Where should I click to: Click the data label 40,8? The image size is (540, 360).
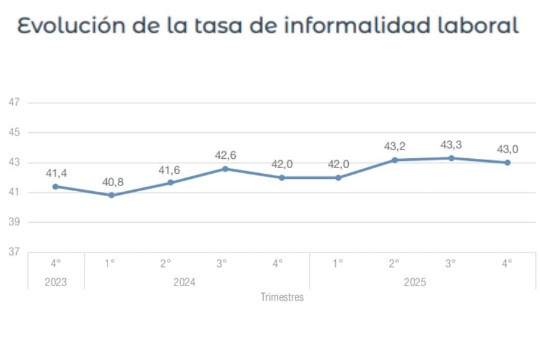[112, 182]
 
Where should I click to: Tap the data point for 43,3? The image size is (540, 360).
[451, 158]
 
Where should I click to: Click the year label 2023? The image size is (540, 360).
[55, 282]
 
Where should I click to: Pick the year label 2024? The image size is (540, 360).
[184, 282]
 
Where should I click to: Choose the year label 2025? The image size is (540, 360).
[415, 282]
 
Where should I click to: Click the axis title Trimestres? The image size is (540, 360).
[282, 297]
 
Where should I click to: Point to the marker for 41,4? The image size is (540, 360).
[55, 186]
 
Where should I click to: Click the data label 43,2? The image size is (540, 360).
[395, 147]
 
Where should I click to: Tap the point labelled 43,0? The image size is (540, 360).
[507, 163]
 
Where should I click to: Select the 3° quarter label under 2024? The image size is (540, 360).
[222, 263]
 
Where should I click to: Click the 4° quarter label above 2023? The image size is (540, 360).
[55, 263]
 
